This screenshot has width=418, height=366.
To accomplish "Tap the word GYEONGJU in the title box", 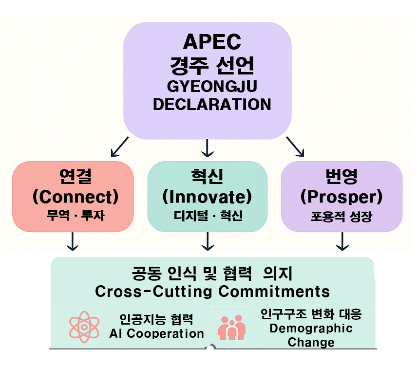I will (x=212, y=86).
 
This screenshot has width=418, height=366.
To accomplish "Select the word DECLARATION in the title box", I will (x=212, y=104).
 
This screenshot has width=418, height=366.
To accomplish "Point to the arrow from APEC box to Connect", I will (x=119, y=147).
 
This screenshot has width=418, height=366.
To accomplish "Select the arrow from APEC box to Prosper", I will (x=295, y=147).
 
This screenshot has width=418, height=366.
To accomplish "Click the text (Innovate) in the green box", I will (x=208, y=197).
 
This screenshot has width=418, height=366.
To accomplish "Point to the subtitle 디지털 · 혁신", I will (x=208, y=215).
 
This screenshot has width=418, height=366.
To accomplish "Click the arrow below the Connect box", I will (x=73, y=241).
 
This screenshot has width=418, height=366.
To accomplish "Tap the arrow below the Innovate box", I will (x=208, y=241).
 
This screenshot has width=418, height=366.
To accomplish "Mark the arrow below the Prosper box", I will (x=342, y=241).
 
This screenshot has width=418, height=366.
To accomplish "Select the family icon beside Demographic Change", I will (x=232, y=327).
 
